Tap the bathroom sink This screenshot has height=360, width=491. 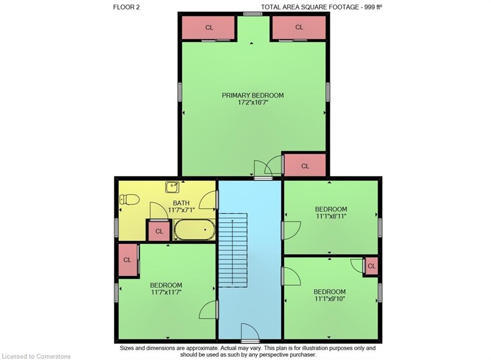coord(172,187)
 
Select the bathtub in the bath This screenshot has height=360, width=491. coord(195,230)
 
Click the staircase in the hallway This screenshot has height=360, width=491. coord(233,250)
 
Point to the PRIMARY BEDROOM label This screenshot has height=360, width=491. coord(253,95)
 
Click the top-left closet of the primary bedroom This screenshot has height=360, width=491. coord(209,28)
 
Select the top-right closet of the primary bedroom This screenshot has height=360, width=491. coord(299,28)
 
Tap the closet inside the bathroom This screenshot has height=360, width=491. coord(159,232)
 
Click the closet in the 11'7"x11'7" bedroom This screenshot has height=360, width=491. coord(128,260)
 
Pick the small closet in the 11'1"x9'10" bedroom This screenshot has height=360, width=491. coord(371,266)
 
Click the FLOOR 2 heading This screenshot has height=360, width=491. coord(127,7)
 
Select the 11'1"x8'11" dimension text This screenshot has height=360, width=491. coord(331,216)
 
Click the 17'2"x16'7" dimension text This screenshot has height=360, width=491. coord(253,103)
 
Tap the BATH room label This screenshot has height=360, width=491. coord(181,203)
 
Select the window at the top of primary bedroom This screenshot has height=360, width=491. coord(252,14)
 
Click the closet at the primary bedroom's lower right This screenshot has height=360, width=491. coord(305,166)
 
